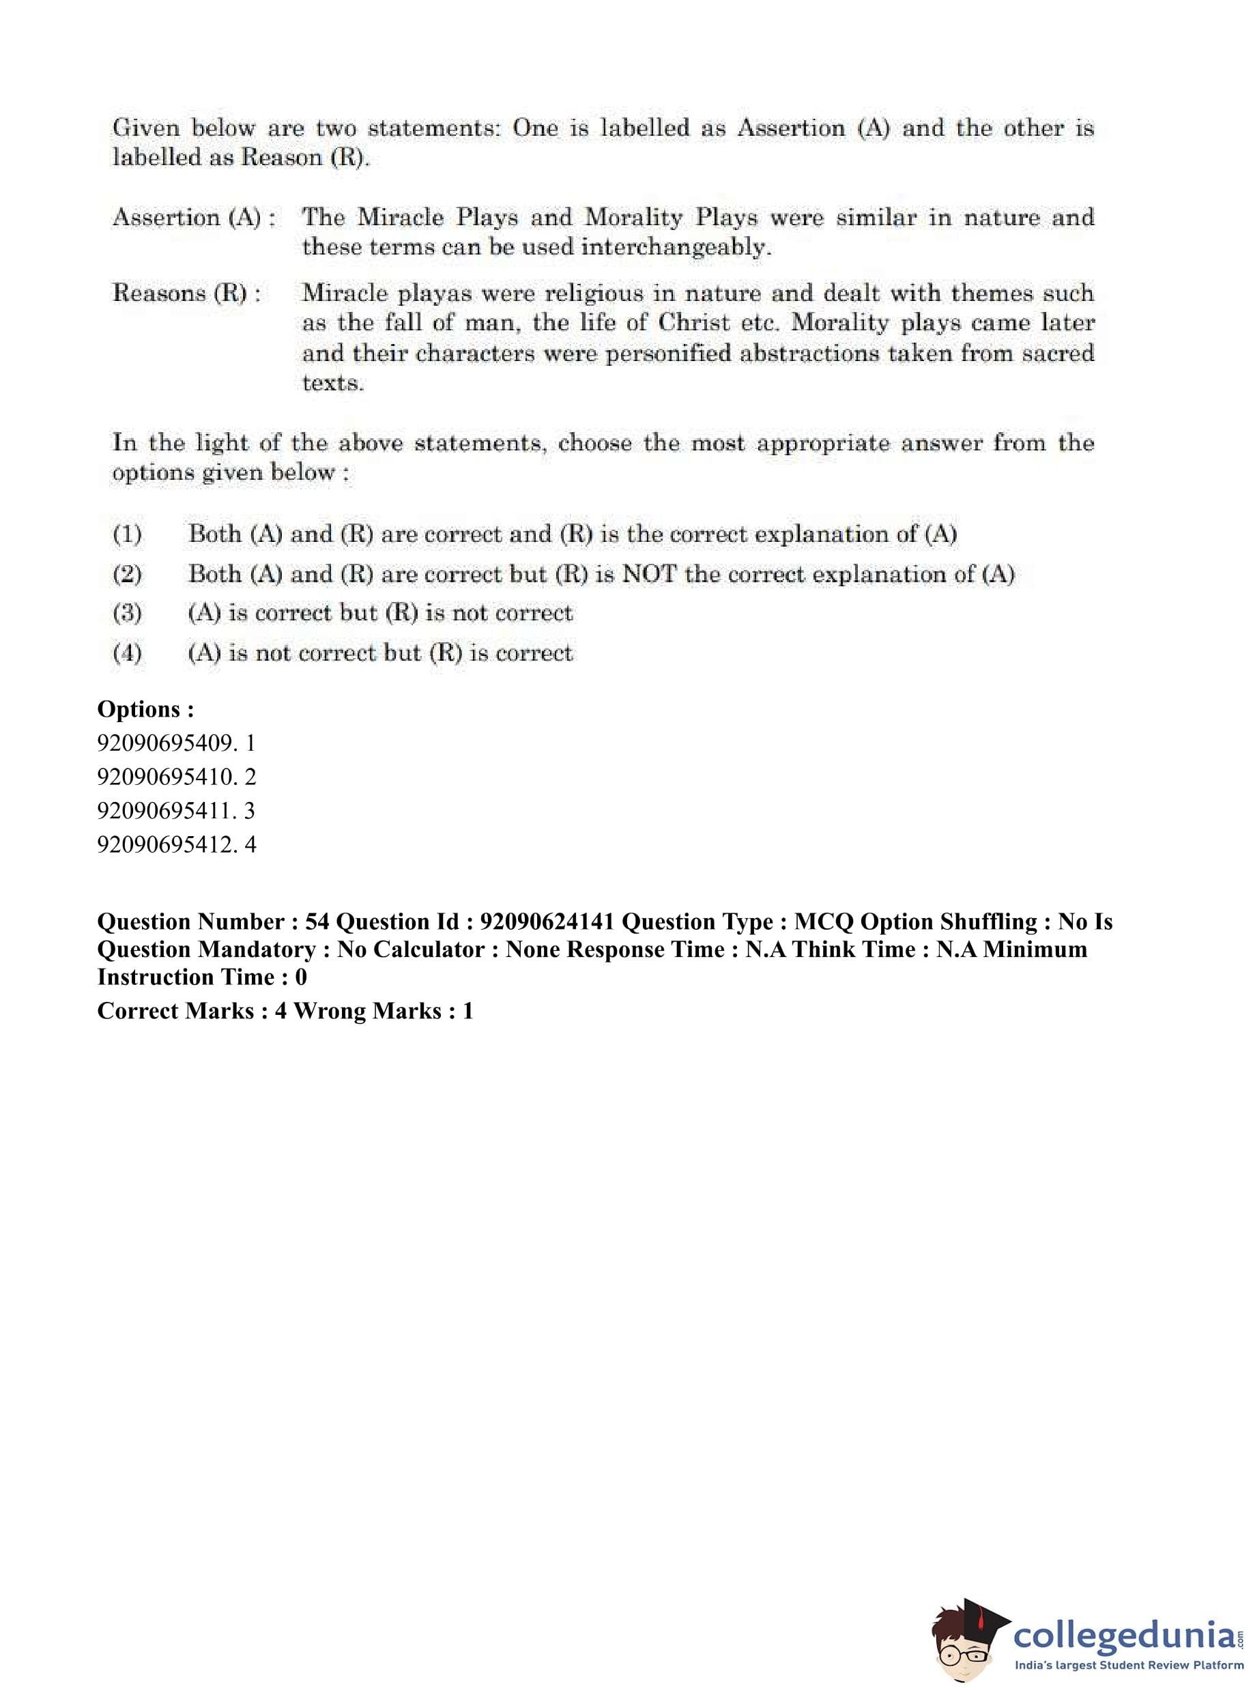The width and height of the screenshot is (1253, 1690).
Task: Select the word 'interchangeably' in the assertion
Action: coord(675,248)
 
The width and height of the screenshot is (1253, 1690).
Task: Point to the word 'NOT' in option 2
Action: coord(648,574)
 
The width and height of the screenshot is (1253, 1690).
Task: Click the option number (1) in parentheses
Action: coord(127,534)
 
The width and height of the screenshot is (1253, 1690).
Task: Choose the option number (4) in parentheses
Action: coord(127,653)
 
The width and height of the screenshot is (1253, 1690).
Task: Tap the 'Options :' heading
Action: coord(145,709)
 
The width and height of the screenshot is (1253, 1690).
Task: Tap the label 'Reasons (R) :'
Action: coord(186,293)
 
